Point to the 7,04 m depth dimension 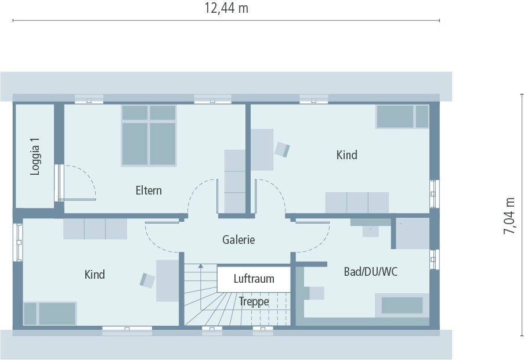coord(509,215)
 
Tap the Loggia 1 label coord(36,156)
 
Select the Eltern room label coord(149,190)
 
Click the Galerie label coord(238,239)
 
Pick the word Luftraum coord(254,279)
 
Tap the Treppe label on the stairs coord(254,301)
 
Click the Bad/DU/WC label coord(370,271)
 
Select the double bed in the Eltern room coord(149,135)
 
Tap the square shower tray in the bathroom coord(413,233)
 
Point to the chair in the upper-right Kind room coord(282,149)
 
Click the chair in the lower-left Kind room coord(147,280)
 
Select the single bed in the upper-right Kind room coord(402,117)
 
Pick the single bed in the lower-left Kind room coord(50,314)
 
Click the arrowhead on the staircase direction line coord(201,266)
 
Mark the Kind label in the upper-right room coord(346,155)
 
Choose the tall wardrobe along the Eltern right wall coord(235,181)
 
